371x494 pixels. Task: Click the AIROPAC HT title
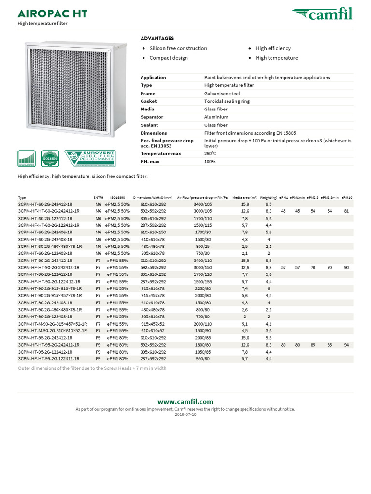click(x=52, y=13)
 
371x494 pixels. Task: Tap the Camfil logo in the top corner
click(x=322, y=14)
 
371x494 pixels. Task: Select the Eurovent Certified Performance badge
click(x=90, y=158)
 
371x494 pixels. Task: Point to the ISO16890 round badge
click(x=50, y=158)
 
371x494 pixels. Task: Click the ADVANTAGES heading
click(x=157, y=38)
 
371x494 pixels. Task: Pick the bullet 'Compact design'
click(x=169, y=58)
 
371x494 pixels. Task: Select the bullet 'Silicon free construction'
click(x=178, y=48)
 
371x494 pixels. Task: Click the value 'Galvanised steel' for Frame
click(x=222, y=94)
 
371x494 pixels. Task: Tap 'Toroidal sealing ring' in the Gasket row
click(x=227, y=101)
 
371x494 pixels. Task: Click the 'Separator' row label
click(x=152, y=117)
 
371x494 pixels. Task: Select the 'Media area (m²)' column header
click(x=244, y=197)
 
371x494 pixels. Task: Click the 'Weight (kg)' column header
click(x=268, y=197)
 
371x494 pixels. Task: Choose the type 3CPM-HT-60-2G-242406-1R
click(x=45, y=232)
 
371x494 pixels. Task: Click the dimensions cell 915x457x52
click(x=153, y=324)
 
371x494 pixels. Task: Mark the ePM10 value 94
click(x=346, y=345)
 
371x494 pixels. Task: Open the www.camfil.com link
click(x=185, y=401)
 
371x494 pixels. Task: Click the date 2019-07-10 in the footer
click(x=185, y=414)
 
